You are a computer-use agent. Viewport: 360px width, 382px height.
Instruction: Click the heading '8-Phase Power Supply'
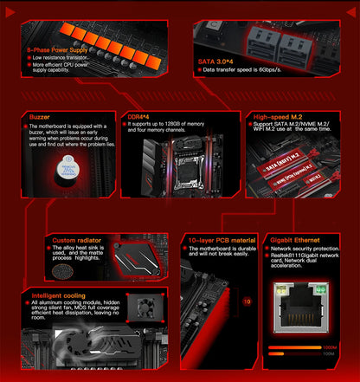[x=57, y=50]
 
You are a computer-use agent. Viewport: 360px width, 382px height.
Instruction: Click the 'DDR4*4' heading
[x=138, y=115]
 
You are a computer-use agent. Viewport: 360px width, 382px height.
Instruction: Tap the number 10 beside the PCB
[x=247, y=301]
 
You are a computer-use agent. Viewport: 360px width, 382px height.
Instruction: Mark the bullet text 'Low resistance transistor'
[x=61, y=58]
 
